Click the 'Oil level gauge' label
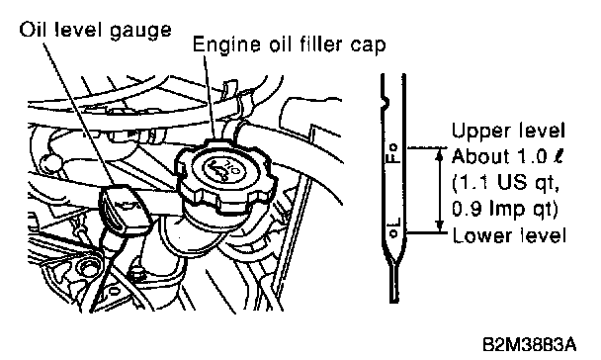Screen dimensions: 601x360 tap(96, 31)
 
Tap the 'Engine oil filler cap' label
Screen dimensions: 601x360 tap(289, 45)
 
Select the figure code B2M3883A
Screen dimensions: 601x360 tap(529, 344)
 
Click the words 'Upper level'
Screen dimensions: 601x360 tap(508, 131)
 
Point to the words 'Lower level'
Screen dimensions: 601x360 tap(509, 235)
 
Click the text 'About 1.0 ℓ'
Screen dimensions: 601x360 tap(507, 156)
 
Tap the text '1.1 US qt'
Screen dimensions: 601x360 tap(505, 183)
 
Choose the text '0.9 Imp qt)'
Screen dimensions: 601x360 tap(504, 210)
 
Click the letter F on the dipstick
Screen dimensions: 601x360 tap(393, 157)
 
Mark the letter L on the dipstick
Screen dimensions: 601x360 tap(394, 224)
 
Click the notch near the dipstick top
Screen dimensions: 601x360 tap(385, 102)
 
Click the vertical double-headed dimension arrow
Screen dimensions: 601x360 tap(440, 190)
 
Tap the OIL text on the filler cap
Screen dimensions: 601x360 tap(232, 167)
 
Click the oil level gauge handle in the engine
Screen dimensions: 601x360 tap(124, 210)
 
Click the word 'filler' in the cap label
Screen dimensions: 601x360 tap(314, 45)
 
